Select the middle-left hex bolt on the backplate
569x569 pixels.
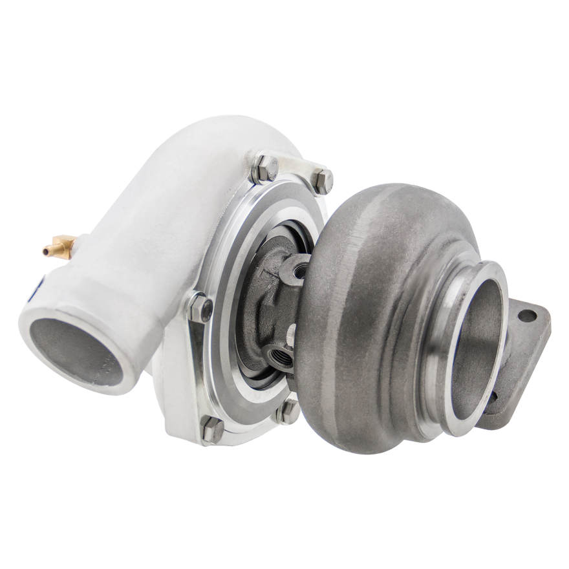[x=200, y=306]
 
